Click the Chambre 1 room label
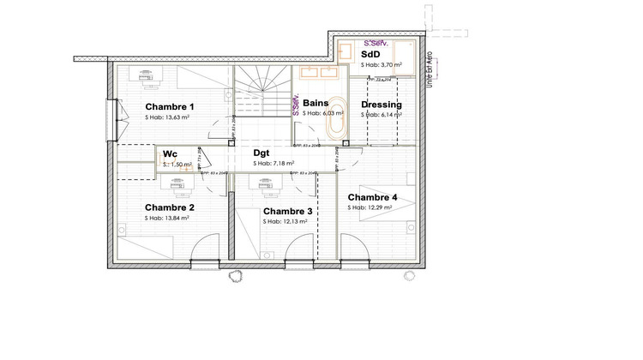169,107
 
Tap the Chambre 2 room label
169,207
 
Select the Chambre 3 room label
287,211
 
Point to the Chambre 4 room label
374,197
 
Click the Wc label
170,154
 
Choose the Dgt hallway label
261,153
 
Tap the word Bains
315,103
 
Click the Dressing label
382,105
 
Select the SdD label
370,54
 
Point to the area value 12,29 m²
378,207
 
